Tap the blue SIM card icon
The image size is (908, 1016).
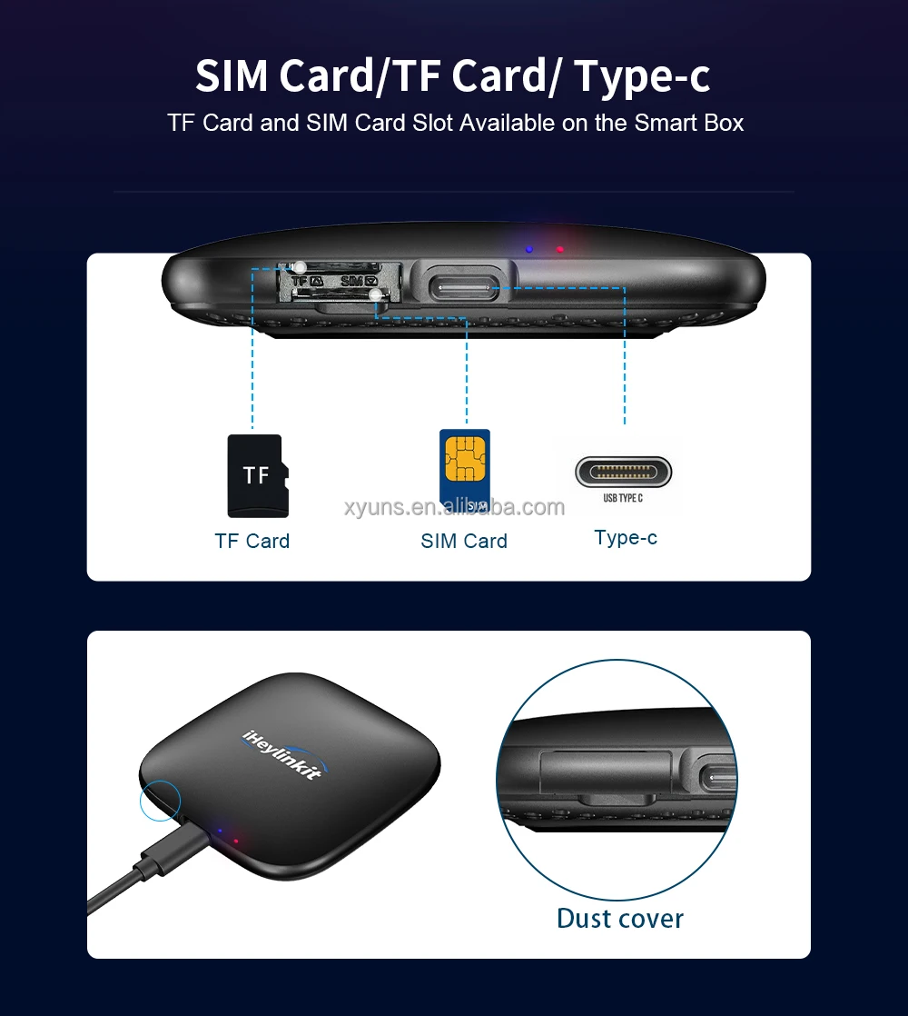464,468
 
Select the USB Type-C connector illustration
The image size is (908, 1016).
623,472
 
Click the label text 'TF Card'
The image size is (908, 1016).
252,541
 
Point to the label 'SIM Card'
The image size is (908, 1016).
464,541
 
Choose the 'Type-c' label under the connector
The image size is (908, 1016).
626,537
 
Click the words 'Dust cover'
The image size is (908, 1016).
619,918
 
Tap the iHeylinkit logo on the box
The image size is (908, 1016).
282,754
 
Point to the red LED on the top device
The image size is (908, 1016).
560,249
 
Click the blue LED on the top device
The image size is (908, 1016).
528,246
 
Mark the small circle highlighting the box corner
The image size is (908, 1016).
160,802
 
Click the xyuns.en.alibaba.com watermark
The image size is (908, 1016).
454,507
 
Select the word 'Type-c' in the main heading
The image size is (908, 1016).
642,75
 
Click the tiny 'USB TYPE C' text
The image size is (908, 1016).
623,498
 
